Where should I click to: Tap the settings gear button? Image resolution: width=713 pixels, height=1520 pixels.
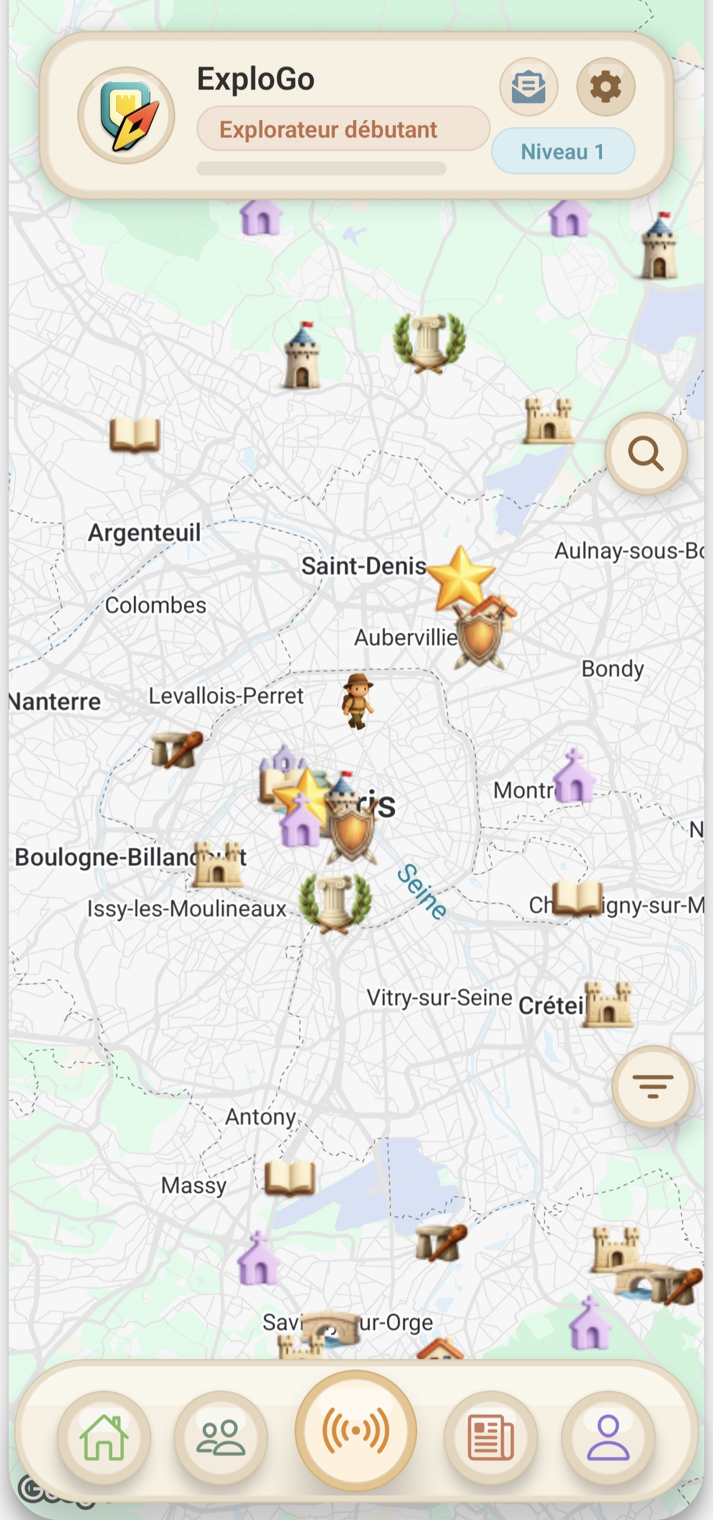tap(605, 87)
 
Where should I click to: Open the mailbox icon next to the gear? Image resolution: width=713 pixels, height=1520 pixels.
tap(528, 87)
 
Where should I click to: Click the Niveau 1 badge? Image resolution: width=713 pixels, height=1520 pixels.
tap(562, 152)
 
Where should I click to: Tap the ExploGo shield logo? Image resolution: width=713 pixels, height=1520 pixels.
tap(126, 116)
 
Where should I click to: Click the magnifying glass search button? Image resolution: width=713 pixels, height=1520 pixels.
tap(646, 454)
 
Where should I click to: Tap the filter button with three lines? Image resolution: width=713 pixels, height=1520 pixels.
tap(652, 1087)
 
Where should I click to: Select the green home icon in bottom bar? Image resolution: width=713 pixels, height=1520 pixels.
tap(104, 1438)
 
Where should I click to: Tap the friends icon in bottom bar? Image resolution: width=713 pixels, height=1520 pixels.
tap(221, 1438)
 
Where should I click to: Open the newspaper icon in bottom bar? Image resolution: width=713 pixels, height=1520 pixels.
tap(490, 1439)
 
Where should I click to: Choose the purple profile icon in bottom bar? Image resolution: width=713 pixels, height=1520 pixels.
tap(608, 1438)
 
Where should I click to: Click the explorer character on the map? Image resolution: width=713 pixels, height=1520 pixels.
tap(358, 700)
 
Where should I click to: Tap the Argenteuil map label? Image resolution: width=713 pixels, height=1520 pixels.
tap(144, 533)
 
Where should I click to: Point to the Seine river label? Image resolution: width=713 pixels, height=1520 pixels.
tap(421, 891)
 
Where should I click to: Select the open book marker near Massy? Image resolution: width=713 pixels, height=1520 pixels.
tap(289, 1178)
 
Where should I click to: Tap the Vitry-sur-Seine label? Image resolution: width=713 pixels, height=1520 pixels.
tap(439, 998)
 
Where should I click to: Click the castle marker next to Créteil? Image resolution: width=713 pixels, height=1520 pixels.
tap(608, 1005)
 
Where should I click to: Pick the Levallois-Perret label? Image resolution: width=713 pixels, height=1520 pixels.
tap(226, 696)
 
